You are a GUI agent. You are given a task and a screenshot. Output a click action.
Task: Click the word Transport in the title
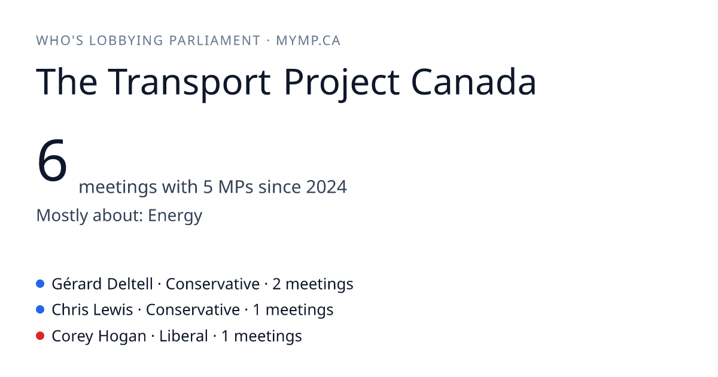click(189, 82)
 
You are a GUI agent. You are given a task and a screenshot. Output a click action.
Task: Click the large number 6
click(52, 160)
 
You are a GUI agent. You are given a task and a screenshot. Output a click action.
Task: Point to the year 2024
click(326, 187)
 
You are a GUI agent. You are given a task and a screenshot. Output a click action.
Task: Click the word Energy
click(175, 216)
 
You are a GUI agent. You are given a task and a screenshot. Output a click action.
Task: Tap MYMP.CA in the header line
click(308, 41)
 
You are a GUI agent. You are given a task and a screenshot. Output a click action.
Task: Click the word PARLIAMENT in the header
click(215, 41)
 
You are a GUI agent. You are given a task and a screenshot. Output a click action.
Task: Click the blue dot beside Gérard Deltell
click(40, 284)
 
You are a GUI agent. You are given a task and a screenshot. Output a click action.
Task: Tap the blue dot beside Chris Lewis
click(40, 309)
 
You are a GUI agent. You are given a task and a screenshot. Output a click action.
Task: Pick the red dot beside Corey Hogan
click(40, 336)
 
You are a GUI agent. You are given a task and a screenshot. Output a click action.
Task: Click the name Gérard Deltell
click(102, 284)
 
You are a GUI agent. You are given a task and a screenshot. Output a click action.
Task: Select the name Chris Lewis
click(92, 310)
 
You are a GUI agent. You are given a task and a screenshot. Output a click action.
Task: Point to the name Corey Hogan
click(99, 336)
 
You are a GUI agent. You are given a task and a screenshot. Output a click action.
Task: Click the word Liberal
click(184, 336)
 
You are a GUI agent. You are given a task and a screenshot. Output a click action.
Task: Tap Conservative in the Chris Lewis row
click(193, 310)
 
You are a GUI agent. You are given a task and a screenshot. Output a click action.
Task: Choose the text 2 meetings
click(313, 284)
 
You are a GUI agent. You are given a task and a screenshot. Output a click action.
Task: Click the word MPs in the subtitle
click(236, 187)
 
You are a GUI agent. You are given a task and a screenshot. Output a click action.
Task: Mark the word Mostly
click(62, 216)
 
